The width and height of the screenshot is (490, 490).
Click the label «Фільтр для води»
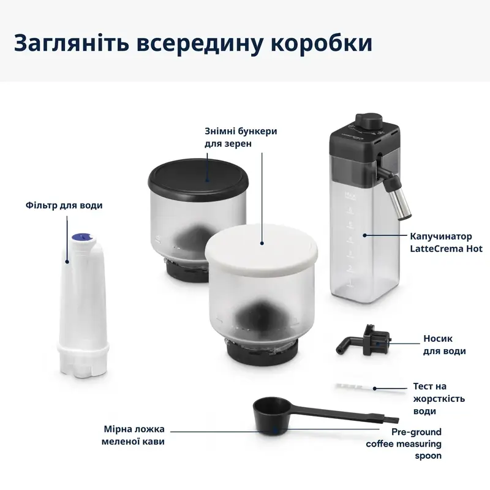click(64, 205)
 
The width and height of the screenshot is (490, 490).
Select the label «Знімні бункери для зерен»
click(232, 137)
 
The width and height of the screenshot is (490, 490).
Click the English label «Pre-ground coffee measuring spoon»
click(404, 443)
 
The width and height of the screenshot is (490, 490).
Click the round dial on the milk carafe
click(367, 120)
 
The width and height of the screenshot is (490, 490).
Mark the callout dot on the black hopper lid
click(206, 181)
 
